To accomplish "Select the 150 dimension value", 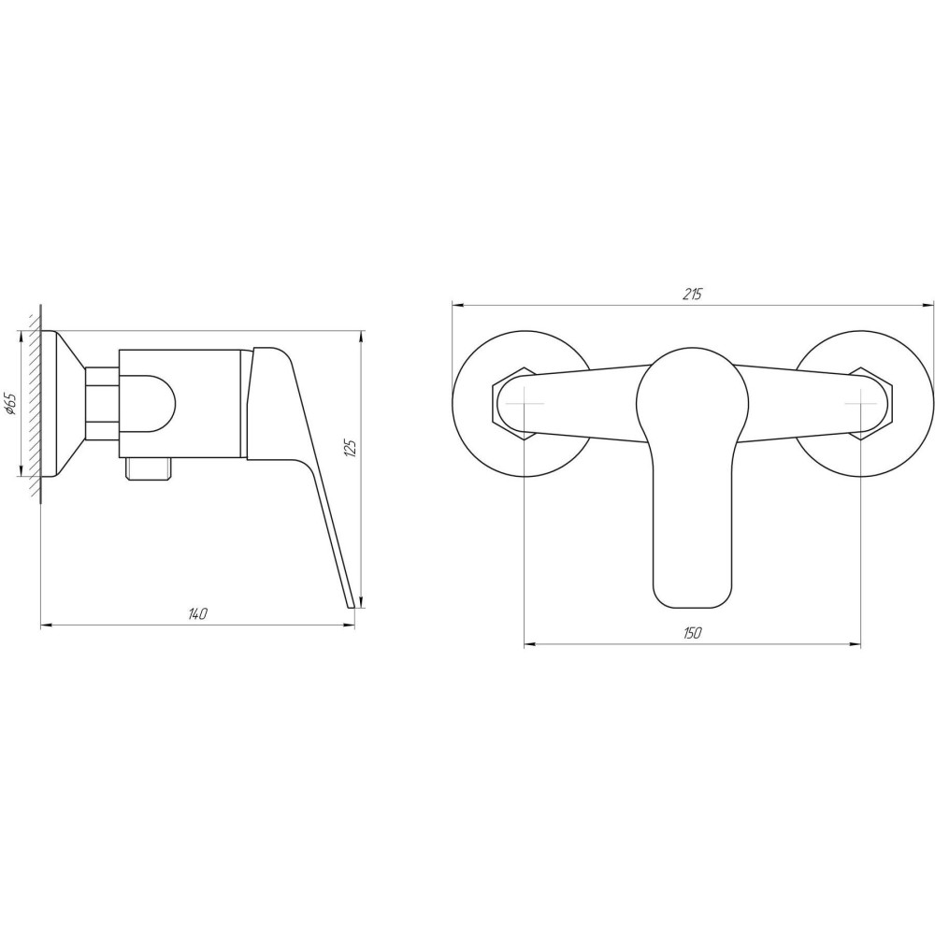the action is point(692,633).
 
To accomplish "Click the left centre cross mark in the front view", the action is point(525,404).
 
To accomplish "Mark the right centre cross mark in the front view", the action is point(861,404).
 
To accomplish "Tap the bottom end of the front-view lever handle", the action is point(693,609).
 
